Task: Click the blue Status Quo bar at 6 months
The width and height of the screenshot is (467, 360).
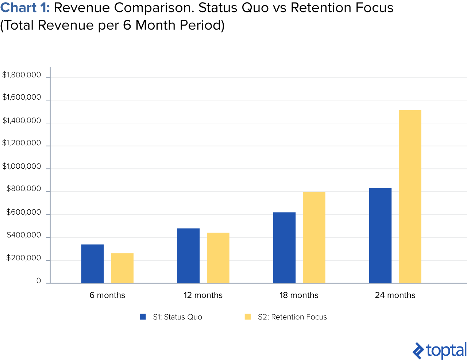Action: point(92,264)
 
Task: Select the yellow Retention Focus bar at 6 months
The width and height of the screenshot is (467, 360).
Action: point(122,268)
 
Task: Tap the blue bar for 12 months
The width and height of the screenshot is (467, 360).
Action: point(188,256)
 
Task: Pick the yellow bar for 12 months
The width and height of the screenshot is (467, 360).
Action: point(218,258)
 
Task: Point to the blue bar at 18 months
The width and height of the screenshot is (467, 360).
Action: point(284,248)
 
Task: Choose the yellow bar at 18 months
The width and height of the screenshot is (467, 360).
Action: point(314,237)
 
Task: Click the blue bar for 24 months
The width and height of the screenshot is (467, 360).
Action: point(380,235)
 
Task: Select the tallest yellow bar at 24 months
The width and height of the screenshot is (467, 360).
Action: point(410,196)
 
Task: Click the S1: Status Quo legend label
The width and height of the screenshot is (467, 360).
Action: point(177,317)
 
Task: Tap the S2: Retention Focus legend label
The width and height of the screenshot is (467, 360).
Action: point(292,317)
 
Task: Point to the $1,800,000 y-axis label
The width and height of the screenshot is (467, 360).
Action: point(22,75)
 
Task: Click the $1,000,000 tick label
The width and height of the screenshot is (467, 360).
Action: point(22,166)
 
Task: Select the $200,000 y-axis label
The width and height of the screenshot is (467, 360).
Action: point(24,258)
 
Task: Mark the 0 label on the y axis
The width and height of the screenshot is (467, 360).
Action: point(39,281)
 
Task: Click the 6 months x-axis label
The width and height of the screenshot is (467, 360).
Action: point(107,295)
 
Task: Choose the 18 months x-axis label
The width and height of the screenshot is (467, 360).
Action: point(299,295)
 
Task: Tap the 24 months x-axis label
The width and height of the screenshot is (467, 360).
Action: point(395,295)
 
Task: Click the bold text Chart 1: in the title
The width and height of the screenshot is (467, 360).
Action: point(25,8)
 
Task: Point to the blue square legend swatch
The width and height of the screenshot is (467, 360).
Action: point(143,317)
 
